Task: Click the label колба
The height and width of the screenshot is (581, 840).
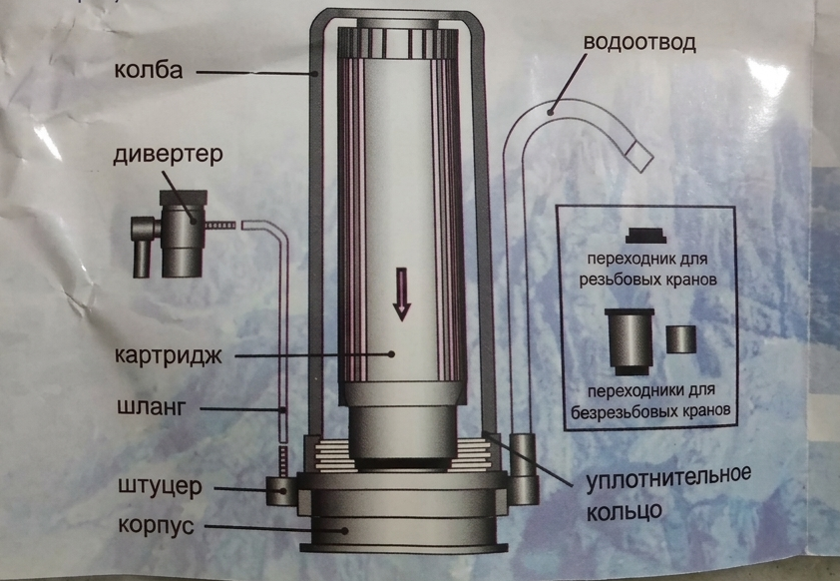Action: [149, 70]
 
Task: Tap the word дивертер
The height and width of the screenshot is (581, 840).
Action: [168, 155]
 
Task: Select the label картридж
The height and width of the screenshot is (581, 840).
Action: [169, 355]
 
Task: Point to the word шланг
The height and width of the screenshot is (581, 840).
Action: [151, 407]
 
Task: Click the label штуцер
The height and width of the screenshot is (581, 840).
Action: [160, 487]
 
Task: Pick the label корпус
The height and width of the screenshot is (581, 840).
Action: [156, 525]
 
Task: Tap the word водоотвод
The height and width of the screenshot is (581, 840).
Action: [639, 43]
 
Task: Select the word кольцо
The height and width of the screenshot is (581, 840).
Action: [625, 510]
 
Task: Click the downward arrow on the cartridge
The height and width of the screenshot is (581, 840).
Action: [402, 293]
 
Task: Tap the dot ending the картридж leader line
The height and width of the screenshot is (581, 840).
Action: [392, 353]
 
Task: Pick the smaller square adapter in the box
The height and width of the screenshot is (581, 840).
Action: [681, 339]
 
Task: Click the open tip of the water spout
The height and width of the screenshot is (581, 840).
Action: [639, 156]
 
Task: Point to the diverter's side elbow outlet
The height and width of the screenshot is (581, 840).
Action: [144, 246]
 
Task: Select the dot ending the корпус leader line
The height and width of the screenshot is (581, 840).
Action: [345, 531]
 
